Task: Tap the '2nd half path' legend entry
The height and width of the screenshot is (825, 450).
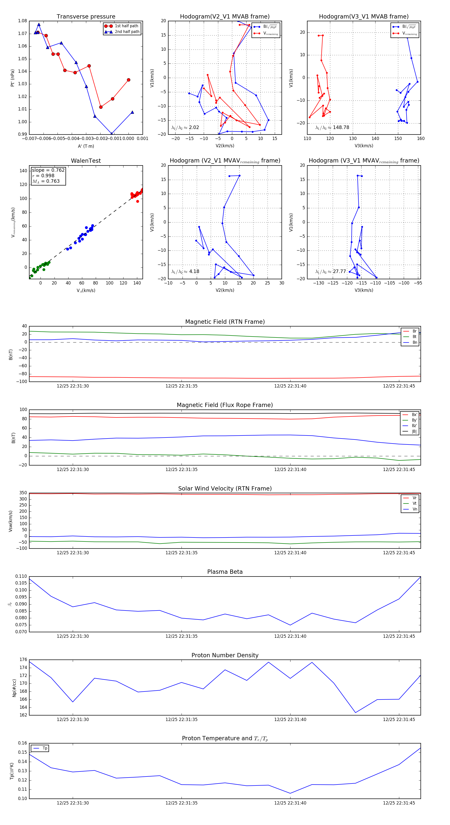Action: (127, 32)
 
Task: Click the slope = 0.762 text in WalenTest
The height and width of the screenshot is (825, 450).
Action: (48, 170)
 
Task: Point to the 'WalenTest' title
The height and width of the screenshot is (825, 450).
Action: (86, 161)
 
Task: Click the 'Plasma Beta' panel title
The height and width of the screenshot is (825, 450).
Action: (225, 572)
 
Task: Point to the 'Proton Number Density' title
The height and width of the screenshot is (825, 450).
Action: (225, 655)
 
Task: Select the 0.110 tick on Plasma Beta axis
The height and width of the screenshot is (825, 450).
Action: (21, 576)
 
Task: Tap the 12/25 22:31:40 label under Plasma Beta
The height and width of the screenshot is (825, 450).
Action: (290, 636)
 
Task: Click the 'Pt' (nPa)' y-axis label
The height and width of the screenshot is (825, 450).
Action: (12, 78)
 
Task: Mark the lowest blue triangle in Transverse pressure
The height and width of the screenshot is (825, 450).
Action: (111, 133)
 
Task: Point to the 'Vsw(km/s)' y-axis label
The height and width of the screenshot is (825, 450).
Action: (10, 521)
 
